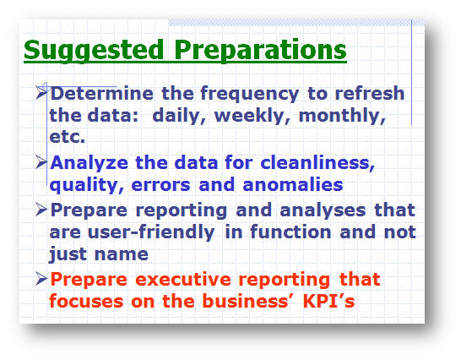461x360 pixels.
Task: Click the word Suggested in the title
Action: [94, 51]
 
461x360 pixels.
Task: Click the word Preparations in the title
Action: [261, 51]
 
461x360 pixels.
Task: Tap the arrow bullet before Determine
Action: [41, 92]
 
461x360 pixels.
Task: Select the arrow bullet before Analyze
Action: [41, 162]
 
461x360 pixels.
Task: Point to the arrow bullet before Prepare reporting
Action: [41, 210]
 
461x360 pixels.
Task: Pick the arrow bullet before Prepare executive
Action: [41, 279]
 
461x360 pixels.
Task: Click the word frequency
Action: [250, 94]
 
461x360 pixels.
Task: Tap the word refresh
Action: [370, 93]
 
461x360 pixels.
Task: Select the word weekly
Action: [252, 116]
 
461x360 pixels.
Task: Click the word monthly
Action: [342, 116]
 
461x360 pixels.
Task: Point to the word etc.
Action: [68, 137]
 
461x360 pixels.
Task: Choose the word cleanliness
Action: [317, 162]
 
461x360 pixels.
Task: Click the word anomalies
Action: [293, 184]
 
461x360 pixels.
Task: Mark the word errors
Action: [160, 185]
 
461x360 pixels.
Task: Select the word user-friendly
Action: [151, 232]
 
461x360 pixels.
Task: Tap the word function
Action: [290, 232]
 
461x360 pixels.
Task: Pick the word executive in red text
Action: [183, 279]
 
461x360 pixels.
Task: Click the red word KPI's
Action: [328, 301]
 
